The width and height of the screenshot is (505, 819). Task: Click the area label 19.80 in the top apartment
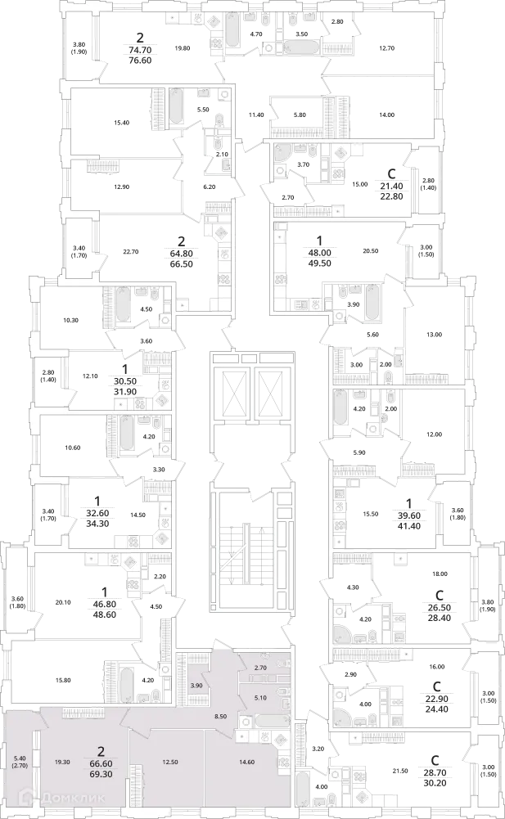pos(183,48)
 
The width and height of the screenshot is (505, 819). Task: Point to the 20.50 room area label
pos(370,250)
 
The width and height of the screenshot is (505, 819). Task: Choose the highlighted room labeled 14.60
pos(246,762)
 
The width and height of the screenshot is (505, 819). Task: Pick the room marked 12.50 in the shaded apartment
pos(170,762)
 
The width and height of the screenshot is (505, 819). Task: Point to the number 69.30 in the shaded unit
pos(101,773)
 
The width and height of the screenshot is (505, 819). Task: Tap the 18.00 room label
pos(440,574)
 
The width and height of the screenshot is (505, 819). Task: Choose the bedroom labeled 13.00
pos(434,335)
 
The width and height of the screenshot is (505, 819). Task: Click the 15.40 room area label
pos(121,123)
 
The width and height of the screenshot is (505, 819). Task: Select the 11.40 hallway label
pos(256,115)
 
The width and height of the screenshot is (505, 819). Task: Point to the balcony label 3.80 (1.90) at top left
pos(79,48)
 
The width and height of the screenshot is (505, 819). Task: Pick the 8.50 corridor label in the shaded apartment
pos(221,717)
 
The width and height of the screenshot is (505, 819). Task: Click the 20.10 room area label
pos(63,602)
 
